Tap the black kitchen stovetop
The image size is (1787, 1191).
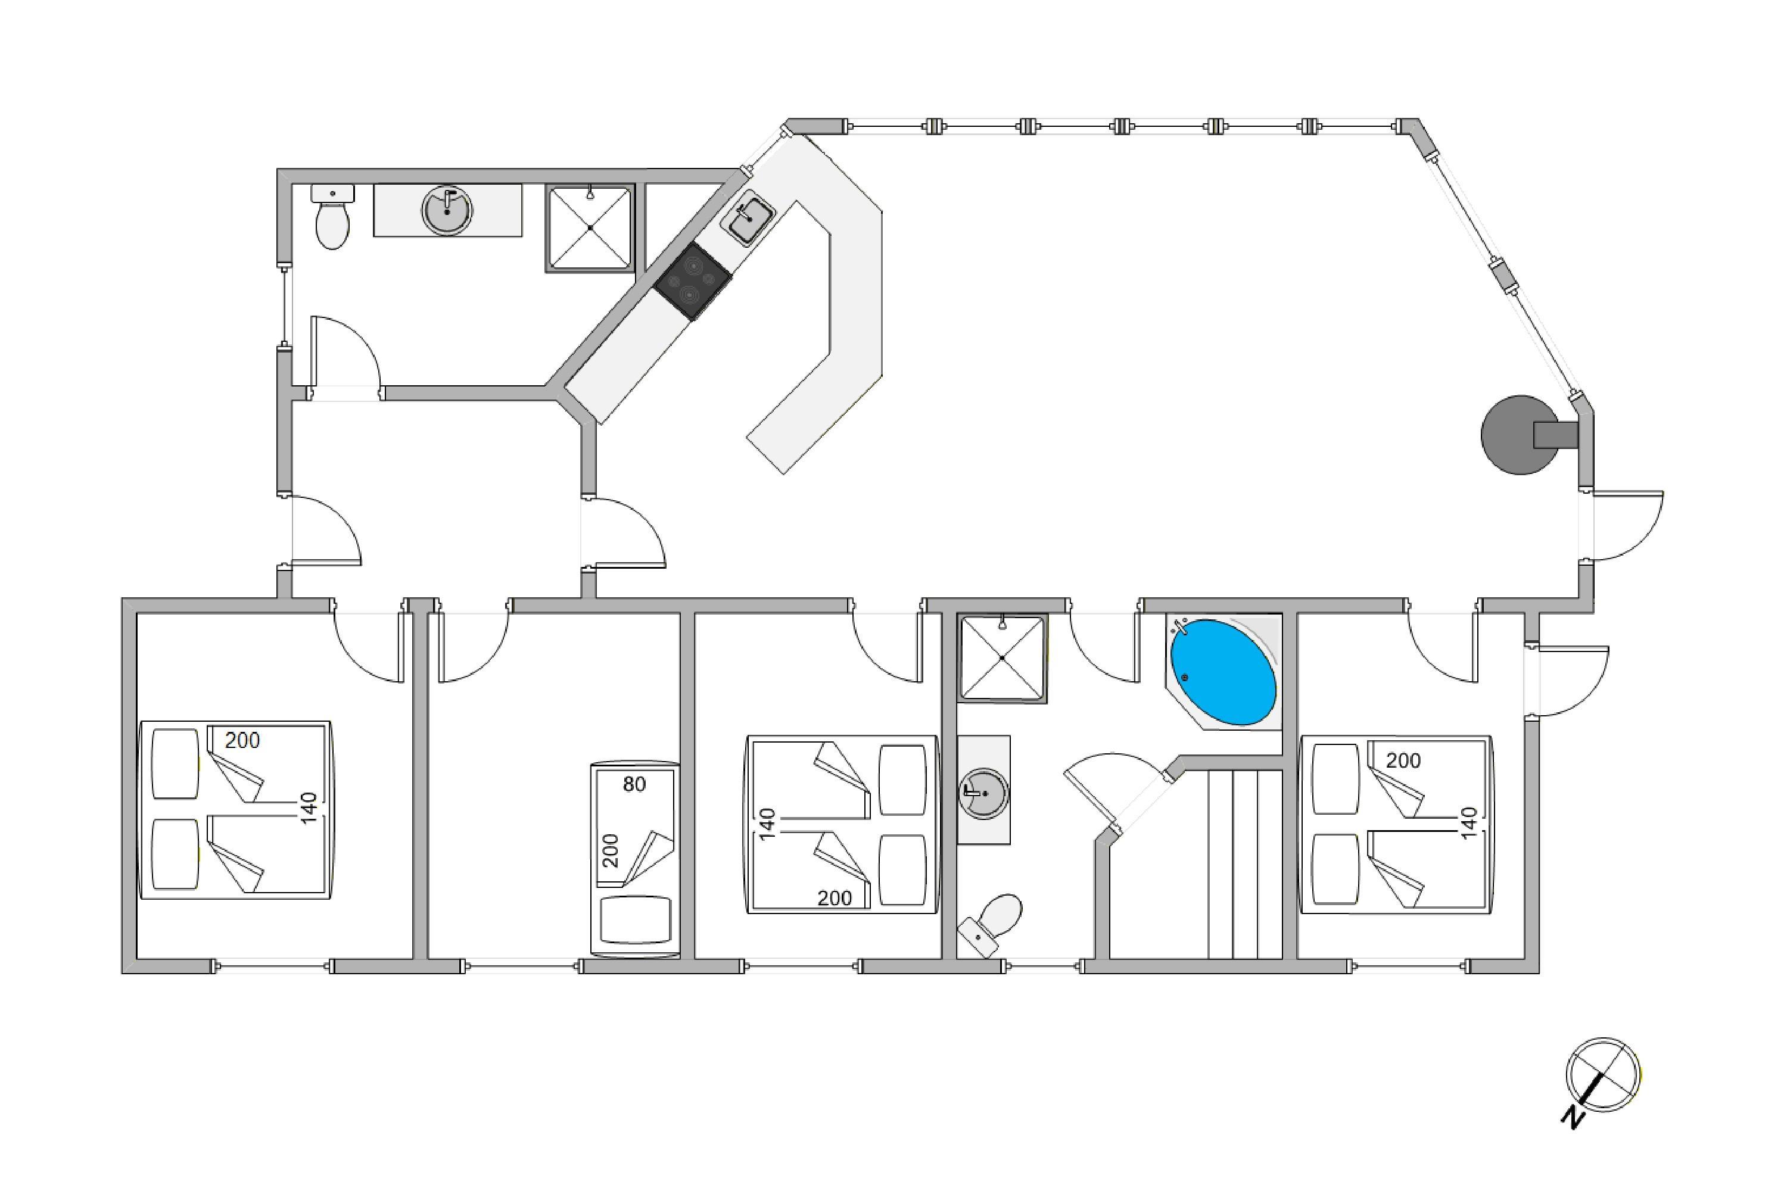tap(693, 281)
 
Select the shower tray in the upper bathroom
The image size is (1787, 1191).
tap(590, 228)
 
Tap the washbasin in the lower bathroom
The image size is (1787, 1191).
tap(984, 793)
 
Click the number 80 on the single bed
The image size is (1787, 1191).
tap(634, 784)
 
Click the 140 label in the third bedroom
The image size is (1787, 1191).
tap(767, 824)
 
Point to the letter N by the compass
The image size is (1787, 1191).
tap(1572, 1117)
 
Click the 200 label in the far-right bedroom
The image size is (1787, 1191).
tap(1403, 761)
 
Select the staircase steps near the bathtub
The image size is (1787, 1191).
tap(1244, 865)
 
